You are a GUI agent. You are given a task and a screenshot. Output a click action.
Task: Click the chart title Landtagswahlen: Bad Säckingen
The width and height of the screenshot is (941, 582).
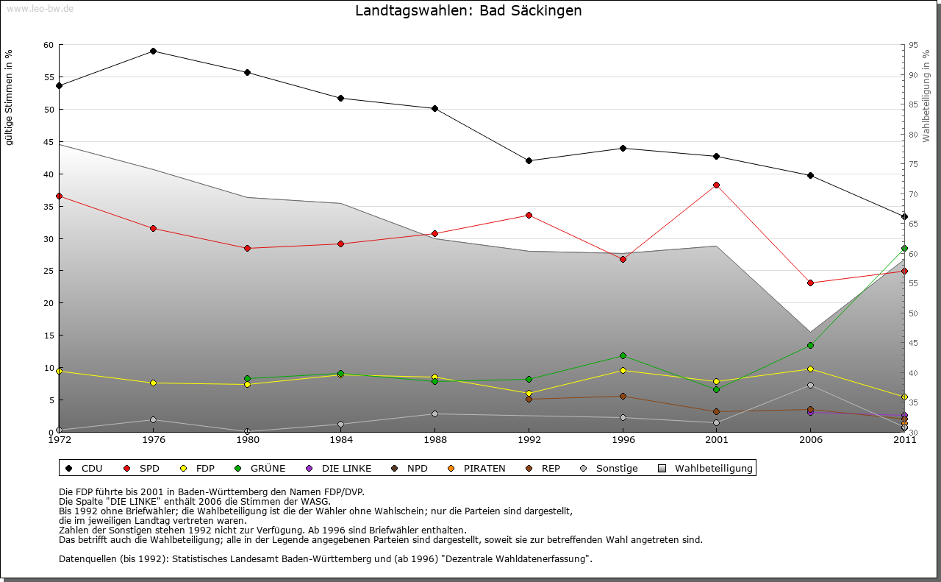[x=468, y=10]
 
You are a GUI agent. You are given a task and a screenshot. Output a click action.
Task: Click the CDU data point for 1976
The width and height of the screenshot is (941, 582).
[x=153, y=51]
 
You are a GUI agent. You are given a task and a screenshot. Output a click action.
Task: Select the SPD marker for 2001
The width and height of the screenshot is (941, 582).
[x=716, y=185]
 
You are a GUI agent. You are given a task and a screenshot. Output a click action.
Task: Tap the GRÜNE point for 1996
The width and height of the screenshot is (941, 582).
[x=623, y=355]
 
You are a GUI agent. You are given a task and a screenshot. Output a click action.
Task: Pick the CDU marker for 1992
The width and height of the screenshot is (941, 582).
[x=529, y=160]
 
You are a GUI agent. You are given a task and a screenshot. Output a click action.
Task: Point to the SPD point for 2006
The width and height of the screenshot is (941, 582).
[x=810, y=283]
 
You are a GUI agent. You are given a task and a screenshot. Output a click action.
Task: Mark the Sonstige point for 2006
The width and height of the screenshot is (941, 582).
[x=810, y=385]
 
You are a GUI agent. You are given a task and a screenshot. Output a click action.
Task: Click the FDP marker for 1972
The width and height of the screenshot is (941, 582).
[x=59, y=371]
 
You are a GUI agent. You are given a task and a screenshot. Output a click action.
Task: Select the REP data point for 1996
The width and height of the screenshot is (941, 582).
[x=623, y=396]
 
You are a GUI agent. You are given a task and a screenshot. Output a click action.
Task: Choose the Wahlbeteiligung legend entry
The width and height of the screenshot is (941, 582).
[x=705, y=468]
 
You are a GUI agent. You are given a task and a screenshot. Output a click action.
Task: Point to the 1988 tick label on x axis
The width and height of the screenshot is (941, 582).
[x=434, y=440]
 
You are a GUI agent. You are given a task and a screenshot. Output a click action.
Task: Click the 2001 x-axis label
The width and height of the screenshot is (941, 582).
[x=716, y=440]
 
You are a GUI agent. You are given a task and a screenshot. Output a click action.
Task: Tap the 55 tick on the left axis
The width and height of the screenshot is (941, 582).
[x=49, y=77]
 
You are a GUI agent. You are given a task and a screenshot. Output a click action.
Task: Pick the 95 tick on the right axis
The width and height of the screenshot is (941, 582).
[x=912, y=45]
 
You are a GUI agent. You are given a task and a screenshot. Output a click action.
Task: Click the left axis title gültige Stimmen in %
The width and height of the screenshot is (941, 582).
[x=10, y=97]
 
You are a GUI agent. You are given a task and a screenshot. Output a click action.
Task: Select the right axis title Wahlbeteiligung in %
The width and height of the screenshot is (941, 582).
[x=926, y=96]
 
